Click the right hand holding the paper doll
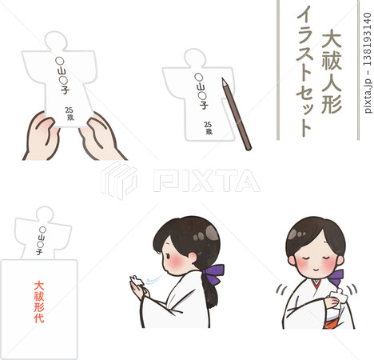pyautogui.click(x=101, y=138)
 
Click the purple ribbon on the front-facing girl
pyautogui.click(x=336, y=277)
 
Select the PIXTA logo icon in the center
pyautogui.click(x=119, y=180)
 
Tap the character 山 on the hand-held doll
pyautogui.click(x=65, y=70)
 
